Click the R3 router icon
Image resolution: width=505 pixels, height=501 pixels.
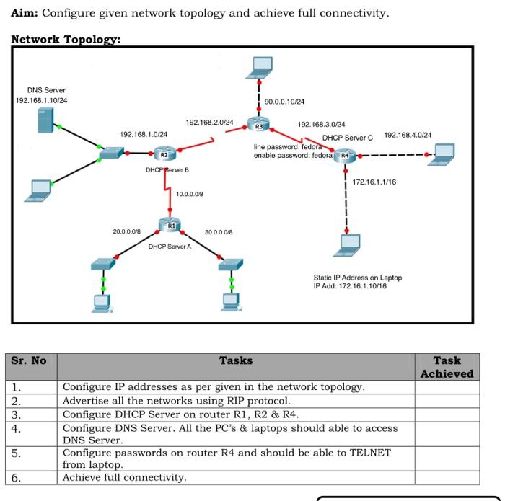pyautogui.click(x=258, y=125)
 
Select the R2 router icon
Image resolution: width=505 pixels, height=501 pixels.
pyautogui.click(x=164, y=153)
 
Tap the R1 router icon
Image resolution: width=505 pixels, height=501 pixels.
pyautogui.click(x=170, y=225)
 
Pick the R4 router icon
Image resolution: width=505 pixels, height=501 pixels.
pyautogui.click(x=346, y=154)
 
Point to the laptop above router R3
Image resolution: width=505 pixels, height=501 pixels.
pyautogui.click(x=258, y=68)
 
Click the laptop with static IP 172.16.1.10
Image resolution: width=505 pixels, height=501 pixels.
pyautogui.click(x=348, y=246)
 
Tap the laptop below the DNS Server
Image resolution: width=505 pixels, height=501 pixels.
pyautogui.click(x=38, y=189)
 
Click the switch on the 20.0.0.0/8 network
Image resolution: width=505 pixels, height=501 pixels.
pyautogui.click(x=103, y=265)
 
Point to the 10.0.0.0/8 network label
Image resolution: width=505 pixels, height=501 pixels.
pyautogui.click(x=190, y=194)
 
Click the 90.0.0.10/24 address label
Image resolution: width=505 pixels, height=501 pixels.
pyautogui.click(x=284, y=102)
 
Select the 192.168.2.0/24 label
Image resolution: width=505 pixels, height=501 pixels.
pyautogui.click(x=210, y=123)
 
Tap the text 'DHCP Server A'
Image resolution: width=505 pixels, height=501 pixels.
pyautogui.click(x=170, y=247)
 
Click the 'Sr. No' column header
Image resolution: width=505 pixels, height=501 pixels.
pyautogui.click(x=29, y=361)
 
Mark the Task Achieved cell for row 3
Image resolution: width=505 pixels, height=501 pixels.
pyautogui.click(x=447, y=414)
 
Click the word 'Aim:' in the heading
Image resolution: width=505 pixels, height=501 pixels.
pyautogui.click(x=25, y=13)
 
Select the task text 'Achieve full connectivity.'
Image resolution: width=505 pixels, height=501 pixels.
pyautogui.click(x=124, y=477)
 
